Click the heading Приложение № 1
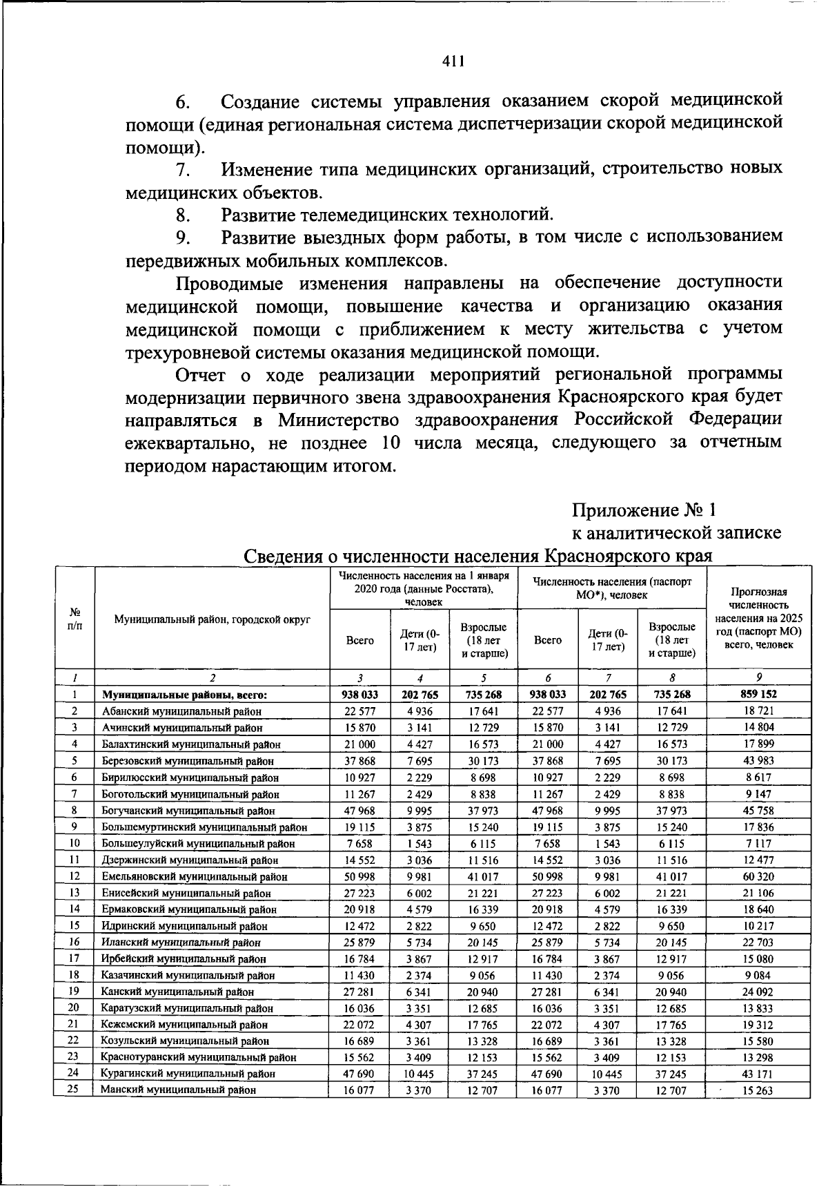pos(644,510)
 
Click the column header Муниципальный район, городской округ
pos(212,619)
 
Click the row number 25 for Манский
pos(73,1090)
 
